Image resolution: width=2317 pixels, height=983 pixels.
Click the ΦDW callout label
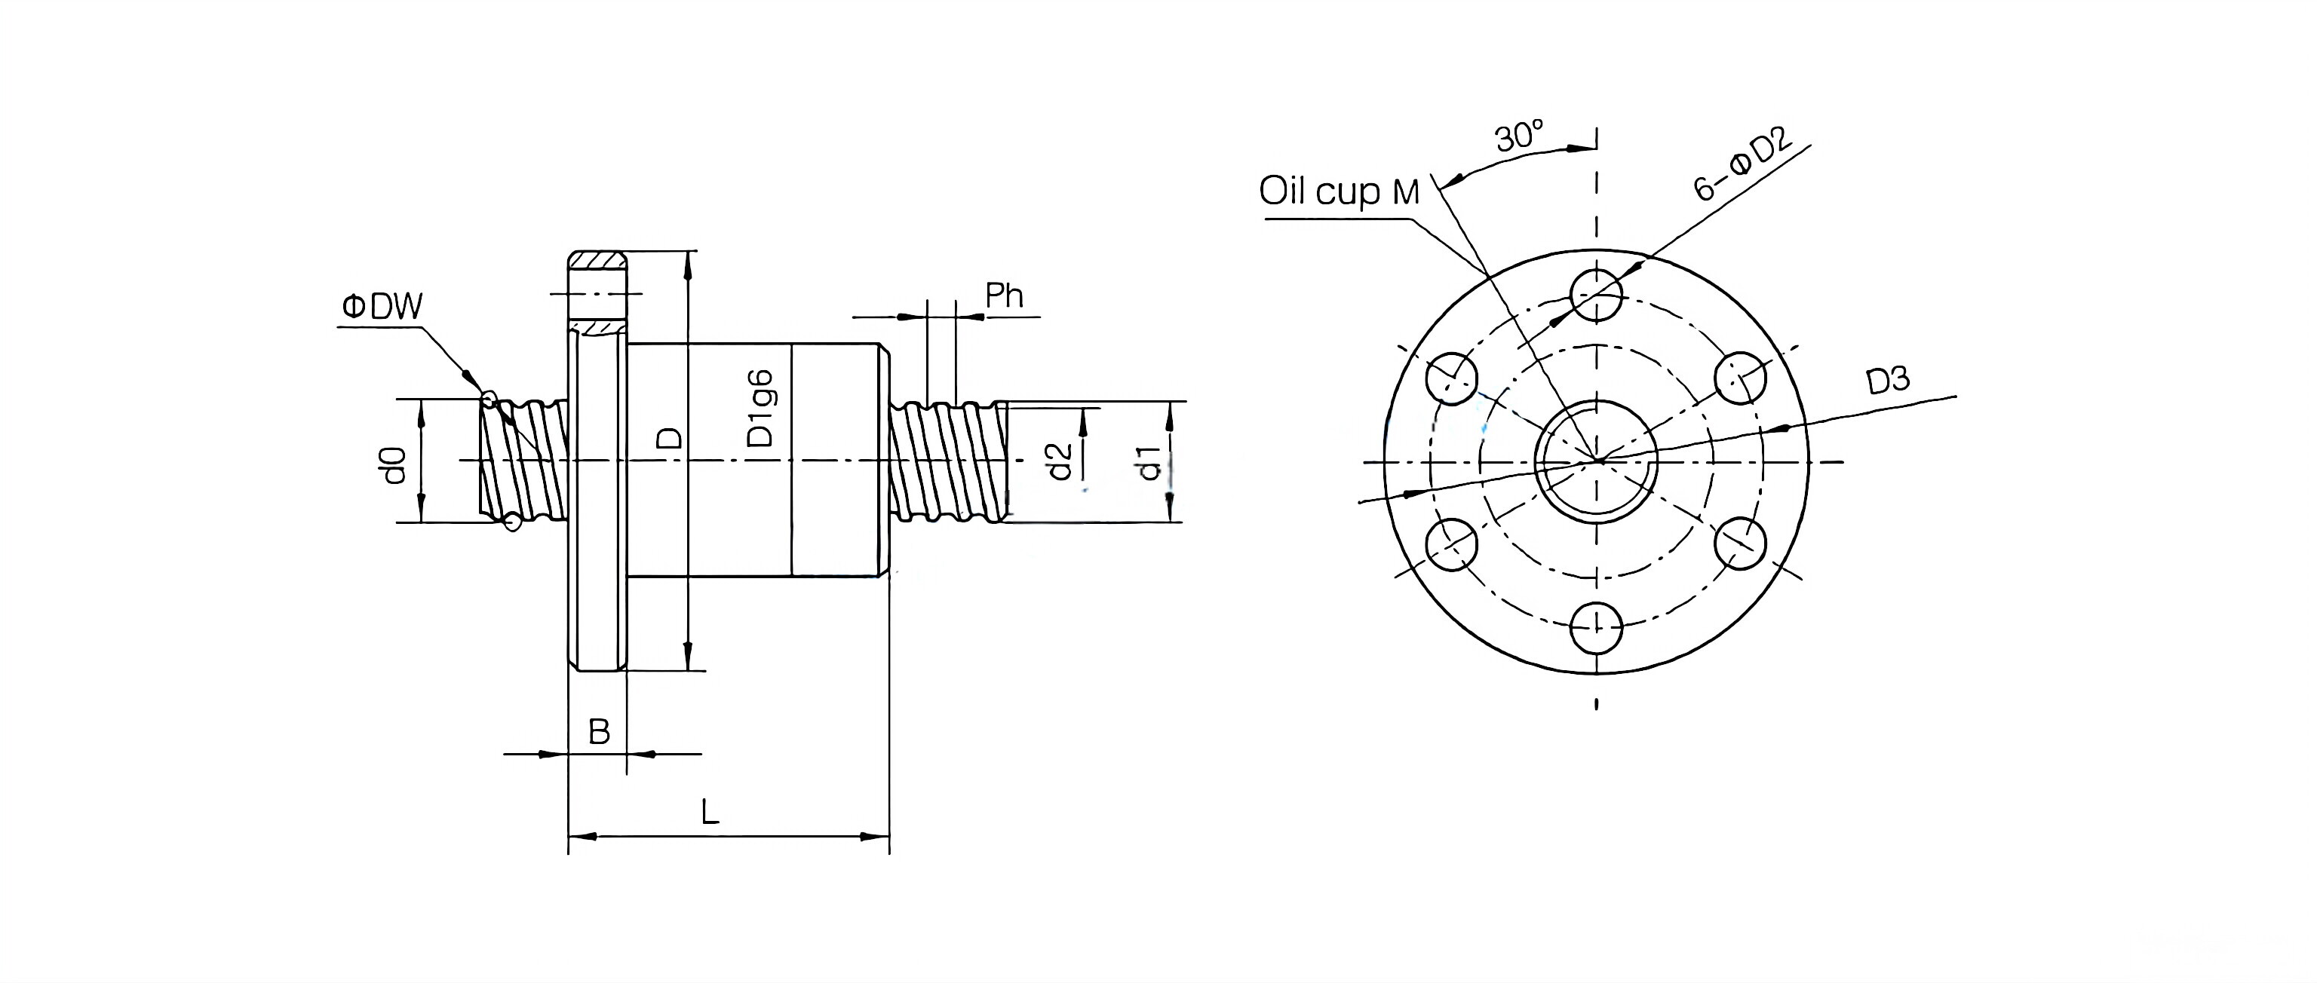pyautogui.click(x=382, y=308)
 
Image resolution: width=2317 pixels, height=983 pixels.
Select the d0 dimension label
pyautogui.click(x=394, y=465)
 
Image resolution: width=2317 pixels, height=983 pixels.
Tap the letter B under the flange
pyautogui.click(x=599, y=732)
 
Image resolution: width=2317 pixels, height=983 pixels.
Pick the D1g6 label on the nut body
pyautogui.click(x=761, y=409)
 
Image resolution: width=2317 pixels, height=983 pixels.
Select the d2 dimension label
pyautogui.click(x=1060, y=461)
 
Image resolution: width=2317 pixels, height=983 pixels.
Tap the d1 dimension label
pyautogui.click(x=1149, y=461)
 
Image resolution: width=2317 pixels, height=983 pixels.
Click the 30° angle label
pyautogui.click(x=1518, y=136)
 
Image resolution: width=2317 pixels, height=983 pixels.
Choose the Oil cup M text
pyautogui.click(x=1339, y=191)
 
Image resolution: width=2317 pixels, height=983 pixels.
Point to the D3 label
pyautogui.click(x=1887, y=381)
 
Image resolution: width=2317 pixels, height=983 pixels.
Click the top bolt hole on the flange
pyautogui.click(x=1597, y=294)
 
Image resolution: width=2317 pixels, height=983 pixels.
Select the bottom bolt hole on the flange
pyautogui.click(x=1597, y=627)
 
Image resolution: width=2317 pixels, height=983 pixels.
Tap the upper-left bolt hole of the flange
pyautogui.click(x=1452, y=378)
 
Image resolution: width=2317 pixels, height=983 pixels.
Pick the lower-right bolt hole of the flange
pyautogui.click(x=1741, y=544)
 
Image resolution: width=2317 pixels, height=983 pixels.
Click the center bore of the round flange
pyautogui.click(x=1597, y=461)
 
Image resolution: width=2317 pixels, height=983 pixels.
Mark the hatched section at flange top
pyautogui.click(x=597, y=260)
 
